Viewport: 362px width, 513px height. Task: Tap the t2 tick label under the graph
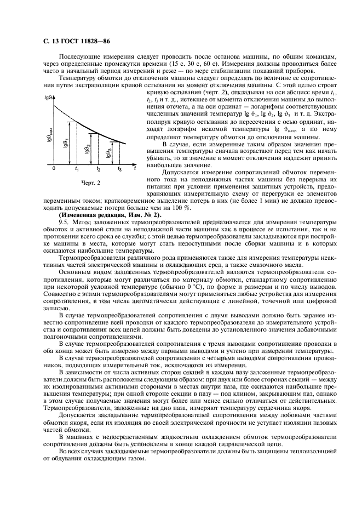[99, 170]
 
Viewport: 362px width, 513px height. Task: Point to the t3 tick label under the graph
[119, 170]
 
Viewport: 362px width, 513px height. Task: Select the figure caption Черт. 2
[90, 183]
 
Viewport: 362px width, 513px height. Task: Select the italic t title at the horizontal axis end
[135, 170]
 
